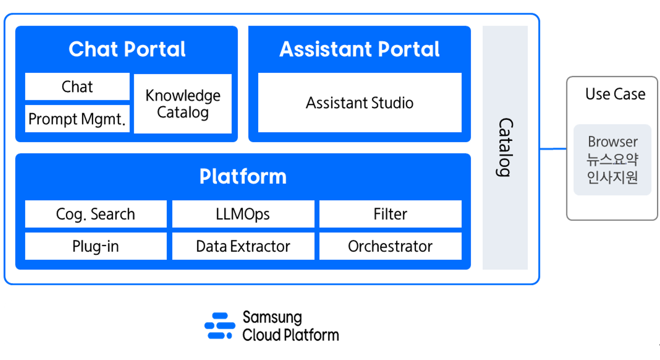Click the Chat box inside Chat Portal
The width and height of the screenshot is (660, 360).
click(77, 87)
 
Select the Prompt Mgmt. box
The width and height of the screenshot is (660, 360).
click(77, 119)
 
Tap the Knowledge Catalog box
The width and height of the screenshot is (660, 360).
click(183, 104)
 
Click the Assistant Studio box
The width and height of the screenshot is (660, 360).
click(359, 103)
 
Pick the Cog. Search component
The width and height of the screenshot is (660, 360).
click(95, 214)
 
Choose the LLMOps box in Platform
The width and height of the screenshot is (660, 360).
click(243, 214)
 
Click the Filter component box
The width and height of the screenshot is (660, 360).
click(390, 214)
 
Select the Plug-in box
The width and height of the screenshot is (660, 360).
click(95, 246)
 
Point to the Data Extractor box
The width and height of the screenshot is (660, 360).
click(243, 246)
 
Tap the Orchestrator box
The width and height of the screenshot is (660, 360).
click(390, 246)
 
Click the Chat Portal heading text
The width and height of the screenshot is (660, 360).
click(127, 49)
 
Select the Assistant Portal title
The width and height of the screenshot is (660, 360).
click(359, 49)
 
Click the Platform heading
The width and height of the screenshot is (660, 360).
click(243, 176)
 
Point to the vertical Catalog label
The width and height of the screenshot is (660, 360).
click(505, 148)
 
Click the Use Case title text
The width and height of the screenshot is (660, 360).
click(615, 94)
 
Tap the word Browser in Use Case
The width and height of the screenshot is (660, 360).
click(612, 142)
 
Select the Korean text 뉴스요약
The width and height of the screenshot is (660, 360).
click(612, 159)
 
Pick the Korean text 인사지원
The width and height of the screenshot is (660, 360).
click(612, 177)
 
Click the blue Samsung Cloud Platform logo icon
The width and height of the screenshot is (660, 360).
click(220, 326)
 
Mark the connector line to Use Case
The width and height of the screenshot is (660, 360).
click(553, 149)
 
